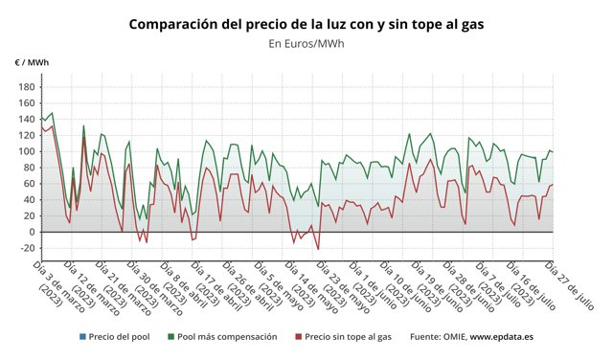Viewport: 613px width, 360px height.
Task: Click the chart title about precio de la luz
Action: pos(306,23)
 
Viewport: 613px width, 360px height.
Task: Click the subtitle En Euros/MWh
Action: pos(306,43)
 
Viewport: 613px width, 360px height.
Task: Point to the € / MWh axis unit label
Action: pos(32,63)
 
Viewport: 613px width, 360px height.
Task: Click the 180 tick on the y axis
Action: pos(25,87)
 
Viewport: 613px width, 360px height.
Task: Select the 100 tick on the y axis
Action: pos(25,151)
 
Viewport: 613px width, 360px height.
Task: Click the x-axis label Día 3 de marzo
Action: pos(53,282)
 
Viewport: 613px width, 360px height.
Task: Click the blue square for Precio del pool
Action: pos(83,337)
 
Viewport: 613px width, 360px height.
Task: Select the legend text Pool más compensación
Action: pos(227,337)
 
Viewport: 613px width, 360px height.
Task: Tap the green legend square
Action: pos(170,337)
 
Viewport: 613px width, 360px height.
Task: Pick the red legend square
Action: pos(298,337)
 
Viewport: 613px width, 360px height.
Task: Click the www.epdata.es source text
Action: pos(500,337)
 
